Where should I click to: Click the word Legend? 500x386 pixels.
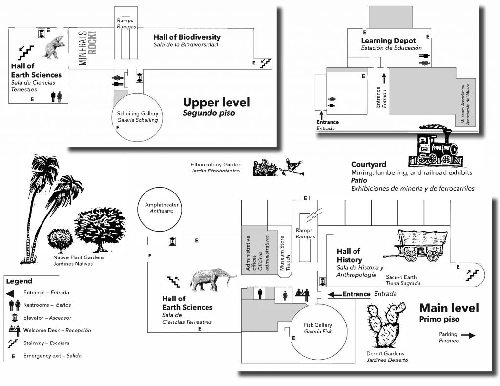19,281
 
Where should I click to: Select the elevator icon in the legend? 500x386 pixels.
13,318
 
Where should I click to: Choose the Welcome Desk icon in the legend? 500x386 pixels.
13,330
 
